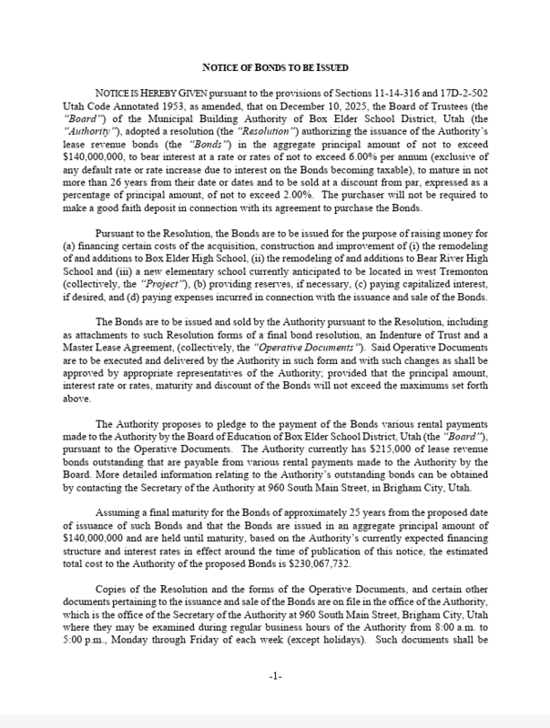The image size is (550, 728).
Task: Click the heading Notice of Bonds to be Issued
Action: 274,66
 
